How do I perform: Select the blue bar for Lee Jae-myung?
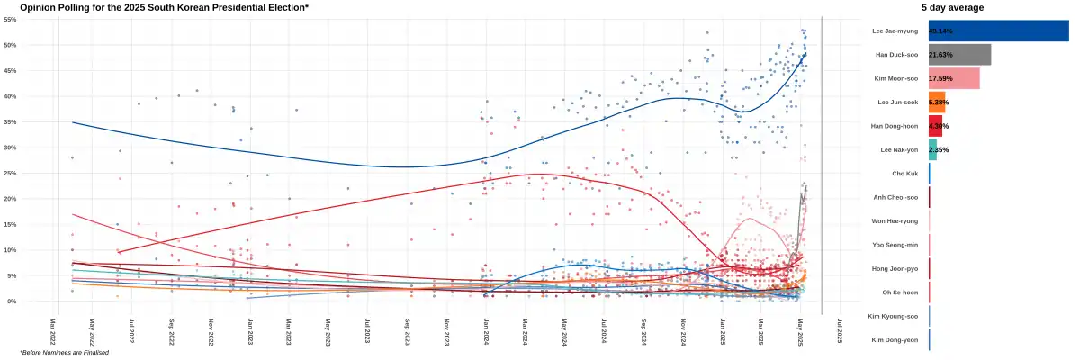[x=998, y=31]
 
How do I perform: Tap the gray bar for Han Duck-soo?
[x=959, y=55]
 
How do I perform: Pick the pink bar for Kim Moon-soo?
[x=954, y=79]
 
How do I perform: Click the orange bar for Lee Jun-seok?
[x=937, y=103]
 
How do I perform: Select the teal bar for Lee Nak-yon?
[x=932, y=149]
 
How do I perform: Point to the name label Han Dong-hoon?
[x=895, y=126]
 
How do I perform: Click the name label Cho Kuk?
[x=905, y=173]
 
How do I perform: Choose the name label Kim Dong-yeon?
[x=894, y=339]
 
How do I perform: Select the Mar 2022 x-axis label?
[x=52, y=330]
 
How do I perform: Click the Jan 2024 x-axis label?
[x=485, y=330]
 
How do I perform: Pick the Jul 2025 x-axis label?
[x=839, y=330]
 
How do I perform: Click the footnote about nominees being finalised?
[x=65, y=352]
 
